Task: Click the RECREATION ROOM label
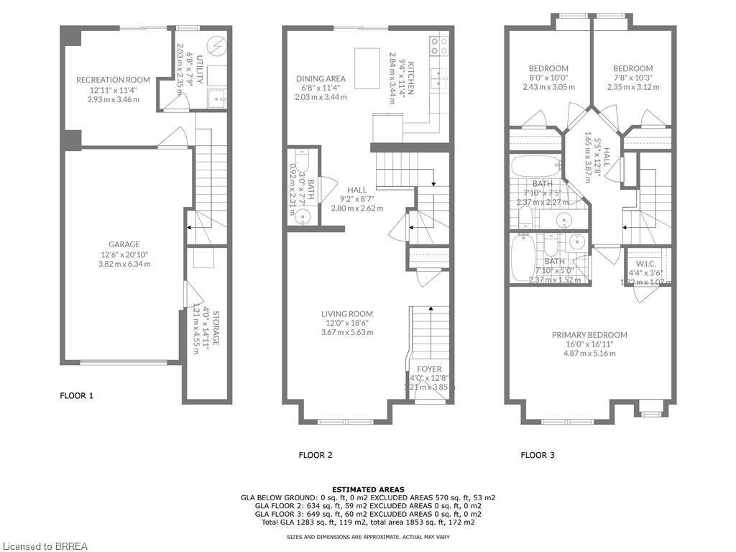(113, 80)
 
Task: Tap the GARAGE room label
(124, 244)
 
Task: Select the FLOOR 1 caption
(76, 395)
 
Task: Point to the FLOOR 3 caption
(538, 455)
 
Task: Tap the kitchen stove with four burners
(439, 46)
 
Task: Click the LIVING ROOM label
(346, 313)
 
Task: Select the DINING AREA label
(321, 79)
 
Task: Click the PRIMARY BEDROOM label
(589, 335)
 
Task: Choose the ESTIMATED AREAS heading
(367, 489)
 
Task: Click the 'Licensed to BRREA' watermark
(45, 546)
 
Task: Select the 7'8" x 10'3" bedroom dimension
(633, 78)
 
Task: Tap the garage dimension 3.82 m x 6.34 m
(124, 264)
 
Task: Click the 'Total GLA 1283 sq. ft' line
(367, 523)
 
